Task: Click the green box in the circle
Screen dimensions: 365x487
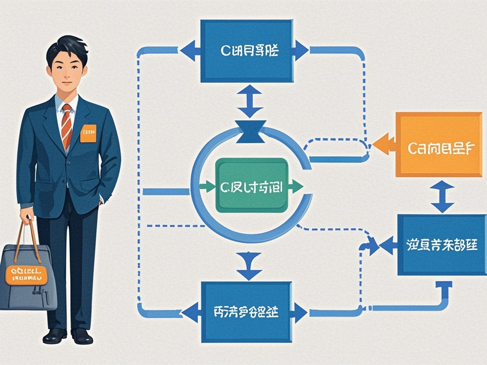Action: click(x=252, y=185)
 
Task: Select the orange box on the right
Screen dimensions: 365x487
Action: click(x=439, y=144)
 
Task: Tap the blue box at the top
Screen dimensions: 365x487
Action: click(x=246, y=50)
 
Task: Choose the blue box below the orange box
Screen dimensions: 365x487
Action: click(x=441, y=245)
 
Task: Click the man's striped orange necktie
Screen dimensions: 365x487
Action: click(x=67, y=125)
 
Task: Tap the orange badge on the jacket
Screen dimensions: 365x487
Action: click(x=88, y=133)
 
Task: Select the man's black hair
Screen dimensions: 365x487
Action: click(x=67, y=48)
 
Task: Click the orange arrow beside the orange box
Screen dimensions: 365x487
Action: click(x=384, y=144)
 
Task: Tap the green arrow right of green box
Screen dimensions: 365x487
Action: click(x=295, y=186)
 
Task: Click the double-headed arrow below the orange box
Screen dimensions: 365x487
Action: click(x=443, y=196)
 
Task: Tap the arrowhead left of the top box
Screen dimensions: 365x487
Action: click(x=189, y=50)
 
